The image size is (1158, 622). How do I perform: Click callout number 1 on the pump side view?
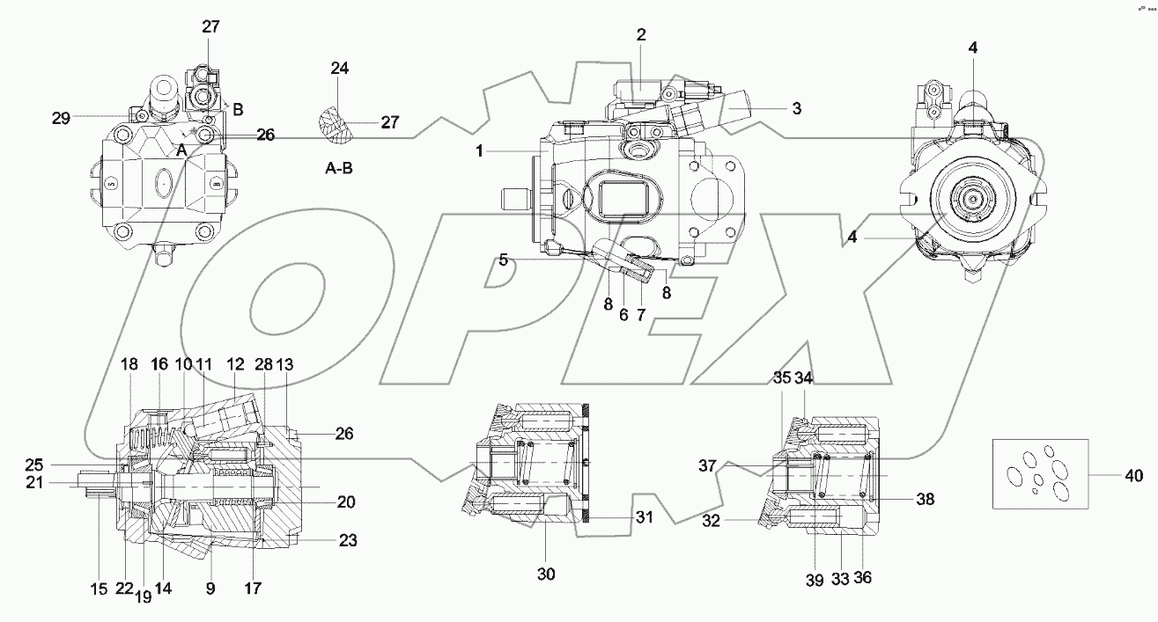(x=480, y=151)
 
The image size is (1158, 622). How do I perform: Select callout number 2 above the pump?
(x=641, y=35)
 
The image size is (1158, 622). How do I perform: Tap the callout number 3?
(x=796, y=110)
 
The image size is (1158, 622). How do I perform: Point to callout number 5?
(x=503, y=260)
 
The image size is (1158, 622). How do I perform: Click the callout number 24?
(x=340, y=68)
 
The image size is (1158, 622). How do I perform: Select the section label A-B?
(x=339, y=168)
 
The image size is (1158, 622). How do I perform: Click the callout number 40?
(x=1134, y=477)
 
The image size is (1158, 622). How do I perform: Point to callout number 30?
(x=546, y=574)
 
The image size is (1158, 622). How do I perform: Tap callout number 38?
(x=924, y=499)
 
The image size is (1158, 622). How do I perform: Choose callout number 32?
(x=712, y=520)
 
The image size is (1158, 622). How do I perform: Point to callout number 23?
(x=348, y=541)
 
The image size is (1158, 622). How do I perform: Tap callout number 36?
(x=862, y=579)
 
